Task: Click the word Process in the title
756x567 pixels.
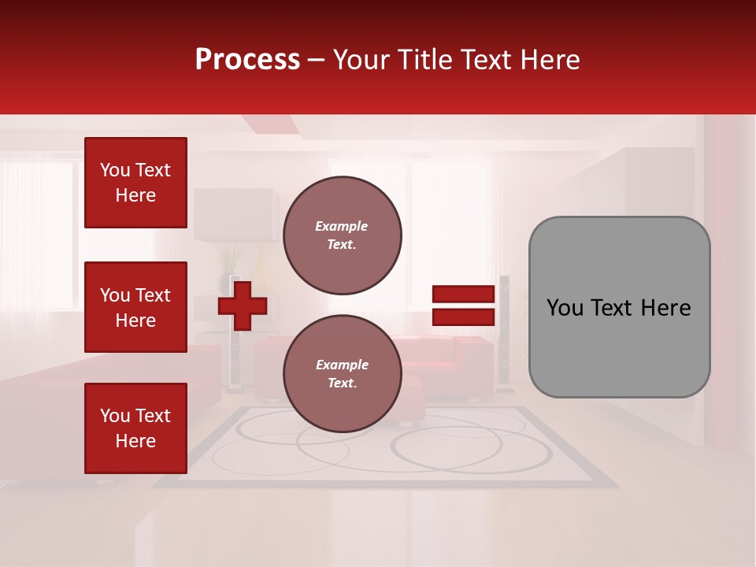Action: click(x=247, y=60)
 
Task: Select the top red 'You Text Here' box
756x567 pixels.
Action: click(x=135, y=183)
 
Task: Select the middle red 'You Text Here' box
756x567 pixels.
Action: click(x=135, y=307)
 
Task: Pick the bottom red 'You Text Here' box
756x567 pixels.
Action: click(x=135, y=428)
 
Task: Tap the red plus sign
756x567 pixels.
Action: click(x=242, y=306)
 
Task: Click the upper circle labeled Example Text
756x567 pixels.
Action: click(x=342, y=235)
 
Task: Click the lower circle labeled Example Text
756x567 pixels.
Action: click(x=342, y=374)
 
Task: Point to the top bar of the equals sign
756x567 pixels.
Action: click(x=463, y=294)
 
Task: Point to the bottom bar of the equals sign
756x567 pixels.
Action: click(x=463, y=317)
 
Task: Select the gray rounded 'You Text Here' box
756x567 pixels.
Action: click(x=619, y=307)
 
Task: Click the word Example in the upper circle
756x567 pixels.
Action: click(x=342, y=226)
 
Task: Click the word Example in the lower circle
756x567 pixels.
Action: click(x=342, y=365)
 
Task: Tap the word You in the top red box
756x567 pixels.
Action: click(x=115, y=170)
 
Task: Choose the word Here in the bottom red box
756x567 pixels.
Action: click(x=135, y=441)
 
